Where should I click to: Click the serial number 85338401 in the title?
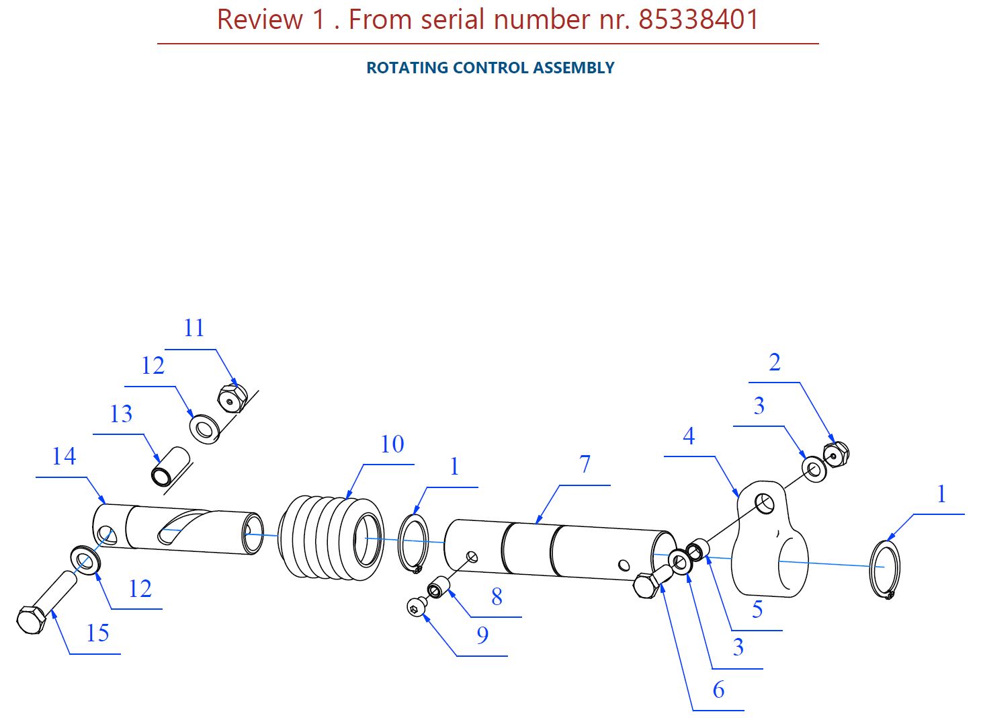click(x=698, y=19)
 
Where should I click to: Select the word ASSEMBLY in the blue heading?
click(x=574, y=68)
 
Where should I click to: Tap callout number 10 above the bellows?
click(x=392, y=444)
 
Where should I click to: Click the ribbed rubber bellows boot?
click(x=331, y=538)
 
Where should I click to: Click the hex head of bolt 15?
click(x=31, y=619)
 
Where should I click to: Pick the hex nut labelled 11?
click(x=232, y=398)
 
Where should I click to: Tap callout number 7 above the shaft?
click(x=585, y=464)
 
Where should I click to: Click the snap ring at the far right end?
click(x=884, y=569)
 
